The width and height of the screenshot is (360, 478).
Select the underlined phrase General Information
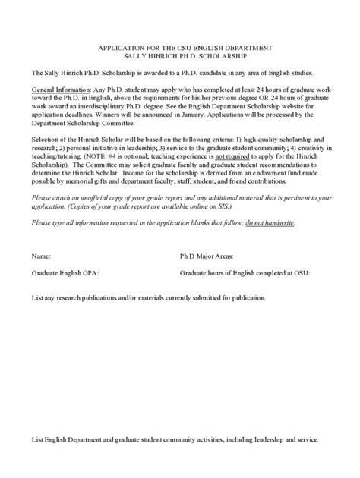(x=60, y=89)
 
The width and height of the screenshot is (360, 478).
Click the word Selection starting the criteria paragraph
(x=46, y=140)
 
